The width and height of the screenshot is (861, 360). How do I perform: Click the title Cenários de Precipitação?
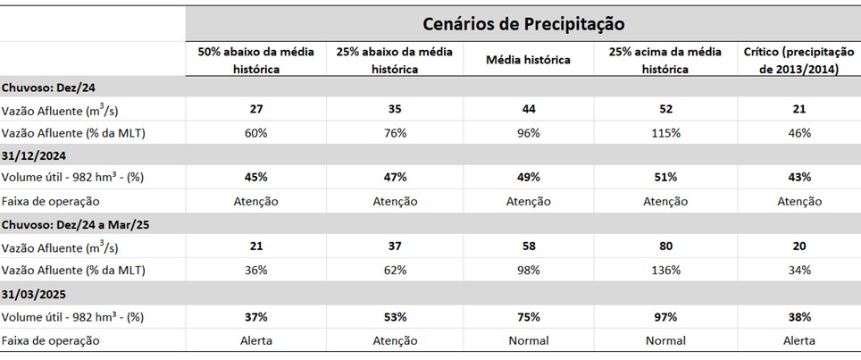tap(522, 23)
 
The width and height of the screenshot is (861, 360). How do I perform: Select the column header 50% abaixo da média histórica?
tap(255, 60)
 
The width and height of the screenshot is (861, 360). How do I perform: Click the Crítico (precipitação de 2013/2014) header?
tap(798, 60)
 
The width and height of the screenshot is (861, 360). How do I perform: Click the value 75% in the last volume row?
tap(528, 317)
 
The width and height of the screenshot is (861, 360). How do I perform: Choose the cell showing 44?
tap(528, 109)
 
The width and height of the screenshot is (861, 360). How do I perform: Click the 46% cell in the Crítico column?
tap(799, 133)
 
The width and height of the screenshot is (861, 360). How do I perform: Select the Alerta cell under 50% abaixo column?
tap(255, 340)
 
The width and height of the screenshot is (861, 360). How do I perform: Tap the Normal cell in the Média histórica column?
tap(528, 340)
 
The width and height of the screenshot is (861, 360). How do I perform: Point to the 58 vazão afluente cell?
tap(528, 247)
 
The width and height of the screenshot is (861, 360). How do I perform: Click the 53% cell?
tap(395, 317)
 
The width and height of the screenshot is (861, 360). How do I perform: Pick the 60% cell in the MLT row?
tap(255, 133)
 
